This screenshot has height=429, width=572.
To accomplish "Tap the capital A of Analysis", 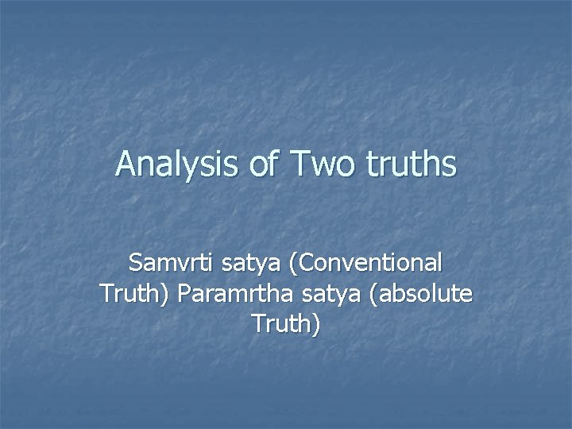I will (125, 164).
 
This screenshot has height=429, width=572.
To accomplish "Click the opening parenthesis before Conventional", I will (283, 262).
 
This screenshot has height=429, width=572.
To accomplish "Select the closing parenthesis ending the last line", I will (316, 325).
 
